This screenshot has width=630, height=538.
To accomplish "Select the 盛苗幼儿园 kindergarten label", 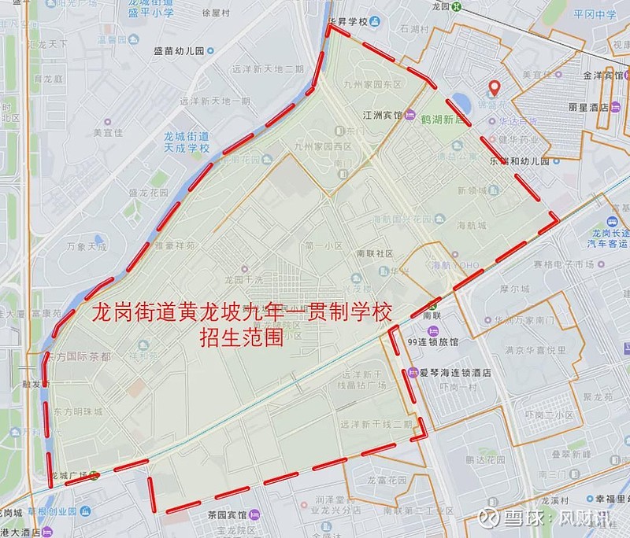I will tap(179, 50).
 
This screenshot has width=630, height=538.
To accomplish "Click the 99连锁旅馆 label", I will tap(432, 341).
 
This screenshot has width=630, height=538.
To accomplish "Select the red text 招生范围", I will tap(241, 340).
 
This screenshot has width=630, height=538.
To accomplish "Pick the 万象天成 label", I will tap(87, 246).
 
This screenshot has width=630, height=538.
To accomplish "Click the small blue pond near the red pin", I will tap(464, 104).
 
